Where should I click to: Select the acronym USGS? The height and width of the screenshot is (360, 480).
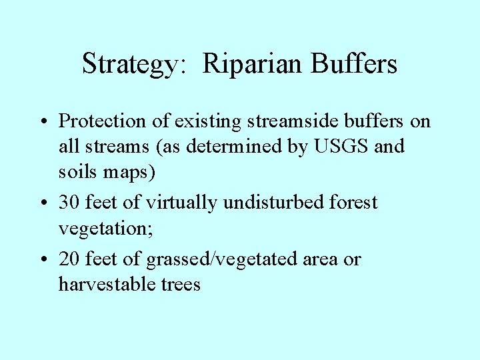(341, 147)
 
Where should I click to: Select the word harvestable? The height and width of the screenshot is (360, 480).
(107, 285)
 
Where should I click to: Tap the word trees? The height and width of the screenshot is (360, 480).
(181, 285)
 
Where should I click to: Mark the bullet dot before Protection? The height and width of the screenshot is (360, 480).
(43, 122)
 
